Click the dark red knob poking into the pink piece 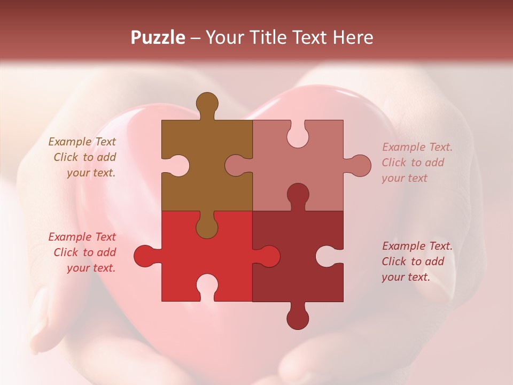[298, 195]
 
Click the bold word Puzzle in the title [158, 37]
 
